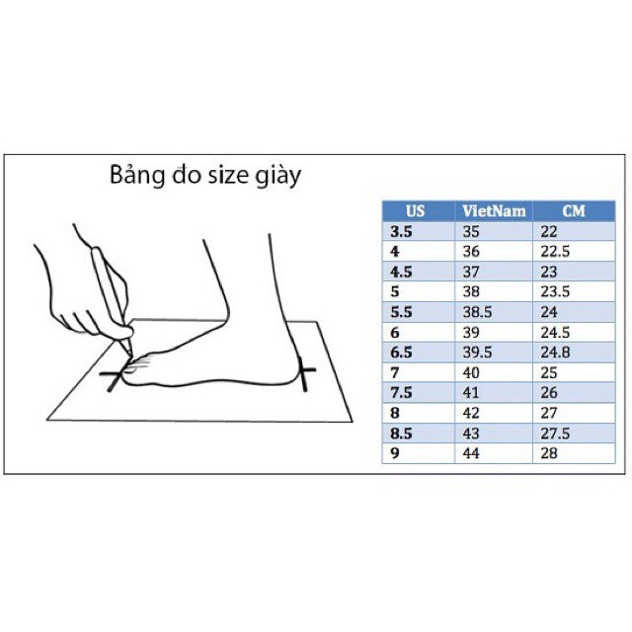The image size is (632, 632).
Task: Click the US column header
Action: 415,211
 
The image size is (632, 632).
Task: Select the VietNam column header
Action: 494,211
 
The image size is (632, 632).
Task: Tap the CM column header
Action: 574,211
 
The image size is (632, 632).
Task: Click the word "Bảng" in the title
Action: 137,175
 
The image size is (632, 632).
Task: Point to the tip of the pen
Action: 130,355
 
